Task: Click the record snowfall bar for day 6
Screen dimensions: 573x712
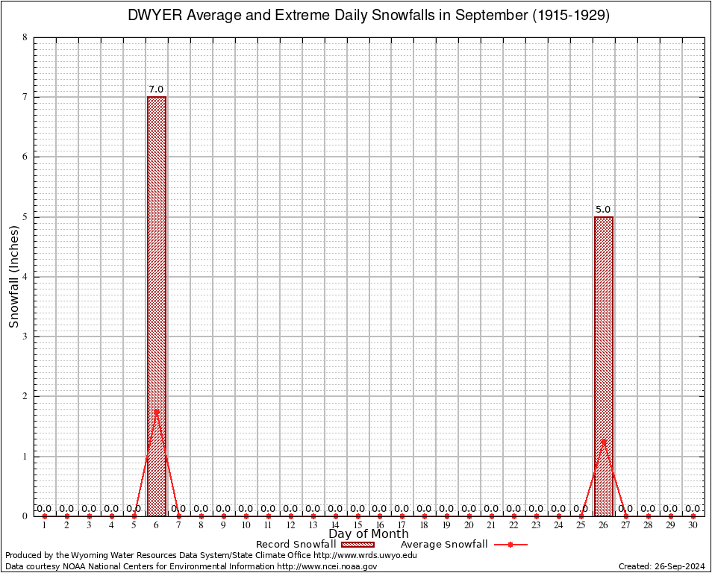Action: (157, 298)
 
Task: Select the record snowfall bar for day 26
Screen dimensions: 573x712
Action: (604, 358)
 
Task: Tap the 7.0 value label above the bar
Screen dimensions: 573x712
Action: (156, 90)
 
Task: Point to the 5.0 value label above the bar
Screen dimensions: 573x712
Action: (603, 210)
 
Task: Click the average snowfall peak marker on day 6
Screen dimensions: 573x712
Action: (157, 411)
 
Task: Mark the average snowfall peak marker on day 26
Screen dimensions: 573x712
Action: (604, 441)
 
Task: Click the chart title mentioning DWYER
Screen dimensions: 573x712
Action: (369, 16)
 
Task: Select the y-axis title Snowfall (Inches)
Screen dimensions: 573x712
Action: (14, 276)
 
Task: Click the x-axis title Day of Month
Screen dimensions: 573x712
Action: (369, 533)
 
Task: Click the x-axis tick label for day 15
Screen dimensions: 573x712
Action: (357, 526)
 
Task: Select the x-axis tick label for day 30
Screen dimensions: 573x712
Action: (693, 526)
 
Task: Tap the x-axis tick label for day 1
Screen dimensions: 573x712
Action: (45, 526)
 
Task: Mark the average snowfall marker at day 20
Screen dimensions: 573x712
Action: (469, 516)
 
